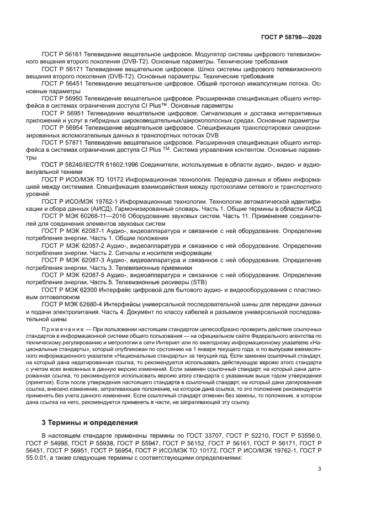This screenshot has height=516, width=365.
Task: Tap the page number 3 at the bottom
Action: coord(319,470)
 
